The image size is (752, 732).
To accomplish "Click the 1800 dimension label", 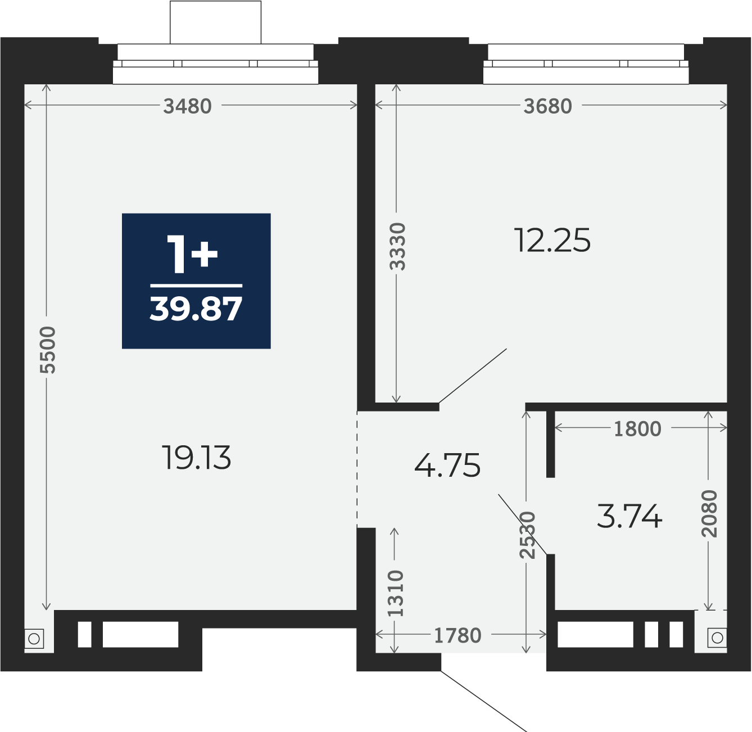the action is pos(637,428).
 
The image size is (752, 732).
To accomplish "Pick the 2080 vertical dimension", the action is pos(709,514).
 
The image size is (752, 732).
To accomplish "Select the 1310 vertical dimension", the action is pos(396,593).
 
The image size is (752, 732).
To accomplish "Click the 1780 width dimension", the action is pos(457,635).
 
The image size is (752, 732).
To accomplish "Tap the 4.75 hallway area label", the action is pos(447,465).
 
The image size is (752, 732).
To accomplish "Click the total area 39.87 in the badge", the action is pos(196,309).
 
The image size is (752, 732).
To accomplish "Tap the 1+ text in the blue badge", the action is pos(192,254).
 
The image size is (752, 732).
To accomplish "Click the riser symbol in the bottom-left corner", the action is pos(34,639).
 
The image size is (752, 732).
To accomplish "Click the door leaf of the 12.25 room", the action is pos(473,376).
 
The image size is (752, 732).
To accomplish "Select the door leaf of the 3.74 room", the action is pos(523,525).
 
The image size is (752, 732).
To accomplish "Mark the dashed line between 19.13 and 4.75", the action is pos(357,469).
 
